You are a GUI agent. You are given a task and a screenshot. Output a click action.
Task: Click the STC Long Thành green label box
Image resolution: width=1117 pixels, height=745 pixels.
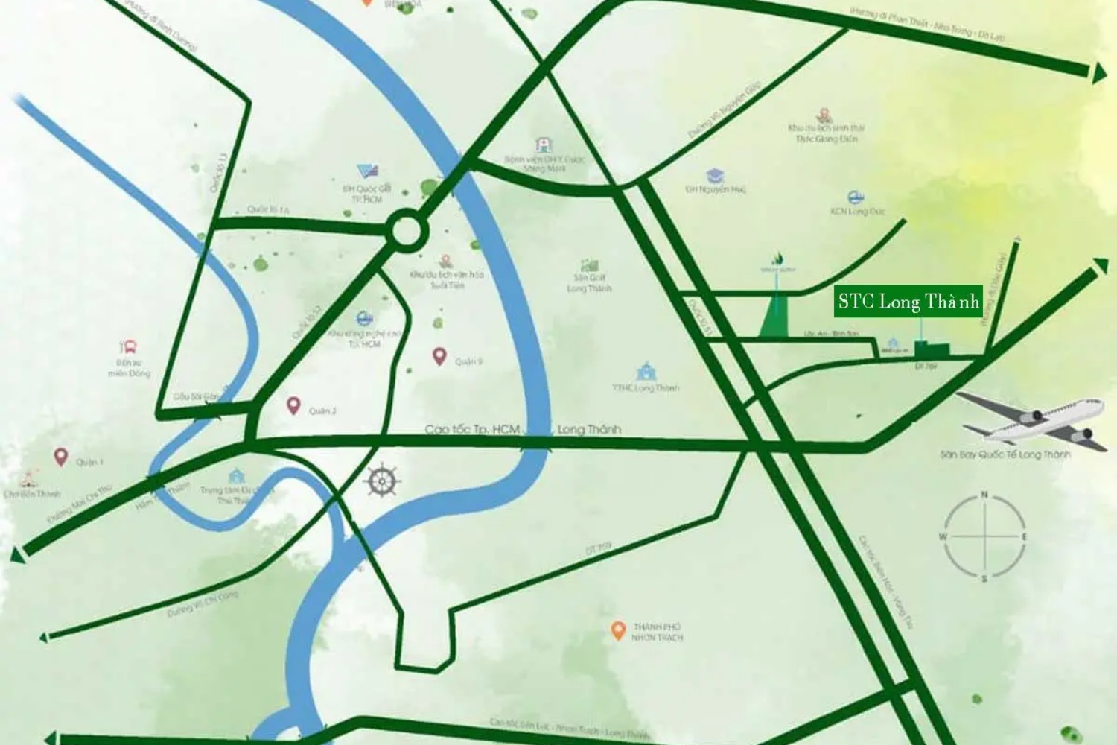(908, 302)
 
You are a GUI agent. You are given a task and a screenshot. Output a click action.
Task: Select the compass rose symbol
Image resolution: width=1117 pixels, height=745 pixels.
(984, 536)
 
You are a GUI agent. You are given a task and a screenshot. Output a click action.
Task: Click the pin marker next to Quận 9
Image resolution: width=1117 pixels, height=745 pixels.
(439, 356)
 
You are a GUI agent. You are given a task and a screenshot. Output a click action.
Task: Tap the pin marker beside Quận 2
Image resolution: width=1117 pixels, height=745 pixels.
(293, 406)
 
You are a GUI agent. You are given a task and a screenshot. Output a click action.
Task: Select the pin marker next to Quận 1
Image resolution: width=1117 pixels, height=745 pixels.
(60, 457)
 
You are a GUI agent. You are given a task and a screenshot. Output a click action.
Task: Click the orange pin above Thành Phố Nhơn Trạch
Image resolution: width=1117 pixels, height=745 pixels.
(617, 631)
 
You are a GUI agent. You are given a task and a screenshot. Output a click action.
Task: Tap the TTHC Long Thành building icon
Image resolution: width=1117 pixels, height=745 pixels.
(645, 370)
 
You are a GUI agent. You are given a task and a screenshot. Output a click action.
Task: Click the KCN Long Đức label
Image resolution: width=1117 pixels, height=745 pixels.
(857, 212)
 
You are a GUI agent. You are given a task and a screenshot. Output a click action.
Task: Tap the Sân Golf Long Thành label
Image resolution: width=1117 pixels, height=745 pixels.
(589, 283)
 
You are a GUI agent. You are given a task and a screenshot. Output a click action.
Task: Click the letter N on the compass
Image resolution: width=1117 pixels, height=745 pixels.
(984, 495)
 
